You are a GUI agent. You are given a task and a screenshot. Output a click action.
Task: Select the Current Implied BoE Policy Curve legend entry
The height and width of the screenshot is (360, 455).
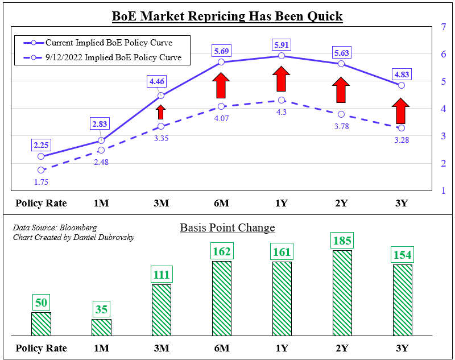point(109,43)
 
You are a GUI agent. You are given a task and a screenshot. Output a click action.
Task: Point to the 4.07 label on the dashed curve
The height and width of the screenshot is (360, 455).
point(222,118)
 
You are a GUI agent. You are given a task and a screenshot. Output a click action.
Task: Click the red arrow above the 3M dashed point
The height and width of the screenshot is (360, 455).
point(161,111)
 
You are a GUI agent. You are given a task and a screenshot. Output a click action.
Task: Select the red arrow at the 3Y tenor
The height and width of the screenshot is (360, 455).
point(402,111)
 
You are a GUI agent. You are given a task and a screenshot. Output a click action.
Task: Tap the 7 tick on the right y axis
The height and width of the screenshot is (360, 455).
point(442,27)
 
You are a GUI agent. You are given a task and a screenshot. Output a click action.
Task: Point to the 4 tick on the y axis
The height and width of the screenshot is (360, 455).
point(442,109)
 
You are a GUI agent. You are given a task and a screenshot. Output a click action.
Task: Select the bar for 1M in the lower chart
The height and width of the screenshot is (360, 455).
point(101,327)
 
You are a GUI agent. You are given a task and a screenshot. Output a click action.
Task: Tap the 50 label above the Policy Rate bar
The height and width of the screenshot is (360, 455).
point(41,303)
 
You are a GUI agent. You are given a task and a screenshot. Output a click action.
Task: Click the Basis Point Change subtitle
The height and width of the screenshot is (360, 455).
point(227,228)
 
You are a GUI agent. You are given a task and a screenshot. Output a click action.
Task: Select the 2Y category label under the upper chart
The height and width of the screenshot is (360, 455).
point(342,204)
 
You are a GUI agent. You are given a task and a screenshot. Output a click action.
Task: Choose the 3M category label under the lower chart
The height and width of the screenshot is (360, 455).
point(161,348)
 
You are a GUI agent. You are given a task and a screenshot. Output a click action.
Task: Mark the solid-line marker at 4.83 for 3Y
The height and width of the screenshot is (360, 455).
point(402,85)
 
